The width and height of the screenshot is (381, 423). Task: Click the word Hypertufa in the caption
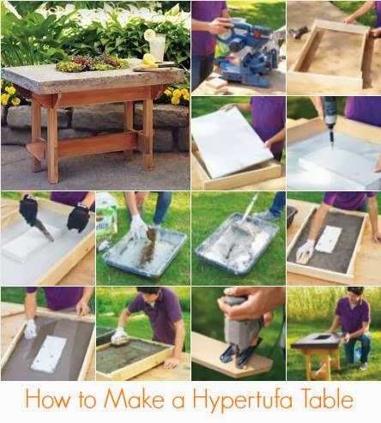(243, 401)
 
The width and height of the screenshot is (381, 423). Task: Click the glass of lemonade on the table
(157, 46)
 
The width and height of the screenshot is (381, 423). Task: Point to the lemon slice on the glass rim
(149, 34)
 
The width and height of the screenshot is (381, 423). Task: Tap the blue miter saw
(246, 51)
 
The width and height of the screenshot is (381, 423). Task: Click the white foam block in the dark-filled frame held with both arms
(330, 239)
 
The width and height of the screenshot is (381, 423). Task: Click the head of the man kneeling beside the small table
(355, 294)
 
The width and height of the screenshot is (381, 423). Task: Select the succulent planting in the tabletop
(92, 63)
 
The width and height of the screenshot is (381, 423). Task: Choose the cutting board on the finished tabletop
(154, 68)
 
